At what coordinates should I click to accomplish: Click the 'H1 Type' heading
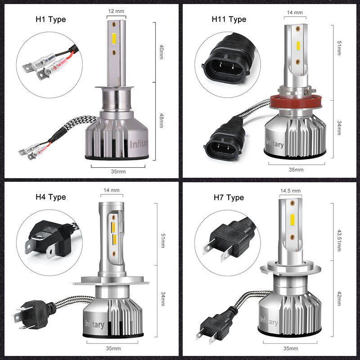tap(50, 19)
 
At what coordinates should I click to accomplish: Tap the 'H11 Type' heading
tap(229, 19)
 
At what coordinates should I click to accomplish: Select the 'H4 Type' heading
tap(50, 197)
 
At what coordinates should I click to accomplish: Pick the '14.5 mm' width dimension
tap(290, 191)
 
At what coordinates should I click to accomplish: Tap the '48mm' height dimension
tap(161, 121)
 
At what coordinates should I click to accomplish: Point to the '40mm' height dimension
tap(161, 52)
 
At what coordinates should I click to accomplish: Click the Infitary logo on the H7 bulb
tap(269, 320)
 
